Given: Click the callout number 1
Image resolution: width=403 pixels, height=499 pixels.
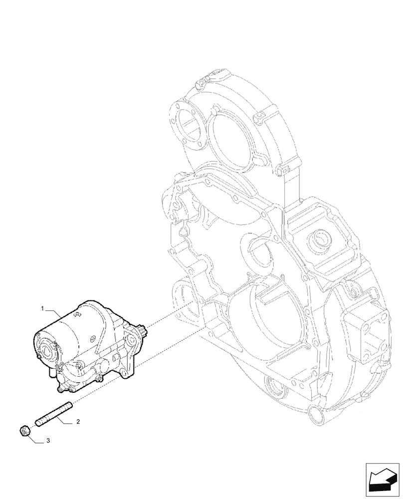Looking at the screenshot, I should pos(43,309).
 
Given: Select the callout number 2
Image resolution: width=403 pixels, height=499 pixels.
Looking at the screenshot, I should pos(78,422).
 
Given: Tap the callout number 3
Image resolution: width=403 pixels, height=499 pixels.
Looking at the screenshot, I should pos(48,441).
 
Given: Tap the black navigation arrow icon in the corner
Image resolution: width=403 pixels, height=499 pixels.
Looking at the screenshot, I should pos(383,480).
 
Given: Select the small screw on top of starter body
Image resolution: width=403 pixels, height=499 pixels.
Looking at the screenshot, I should pos(78,315).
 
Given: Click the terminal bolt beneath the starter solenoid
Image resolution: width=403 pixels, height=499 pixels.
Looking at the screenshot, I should pos(64,384).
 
